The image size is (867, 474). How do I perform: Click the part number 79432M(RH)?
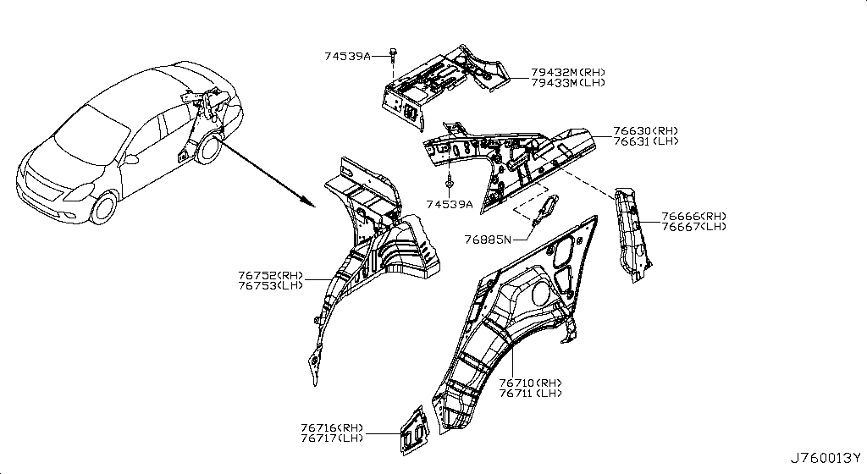[x=566, y=74]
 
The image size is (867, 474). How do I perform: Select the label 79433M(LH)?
[x=566, y=84]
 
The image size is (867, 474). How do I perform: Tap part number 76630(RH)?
[x=645, y=131]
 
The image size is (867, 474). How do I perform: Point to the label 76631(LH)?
[x=645, y=141]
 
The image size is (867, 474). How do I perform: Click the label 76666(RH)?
[x=693, y=217]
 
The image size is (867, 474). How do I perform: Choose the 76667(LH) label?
[x=693, y=227]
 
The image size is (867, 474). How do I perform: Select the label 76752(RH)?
[x=270, y=275]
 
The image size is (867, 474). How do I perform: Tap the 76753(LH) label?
[x=270, y=285]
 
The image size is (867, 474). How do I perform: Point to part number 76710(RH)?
[x=530, y=383]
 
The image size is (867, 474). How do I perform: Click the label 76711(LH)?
[x=530, y=394]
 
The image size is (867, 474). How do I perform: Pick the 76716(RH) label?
[x=331, y=427]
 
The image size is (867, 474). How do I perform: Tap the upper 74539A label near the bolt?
[x=347, y=56]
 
